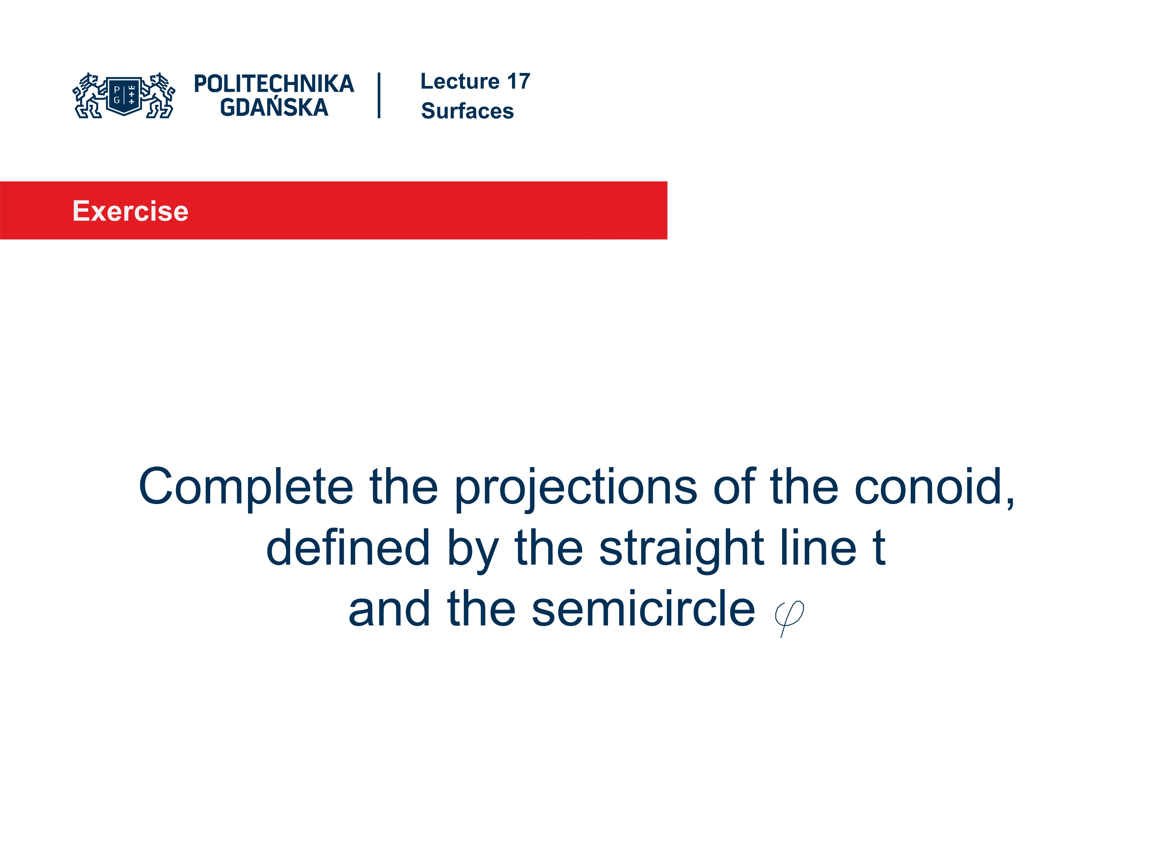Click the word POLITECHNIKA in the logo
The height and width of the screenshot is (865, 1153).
pyautogui.click(x=274, y=84)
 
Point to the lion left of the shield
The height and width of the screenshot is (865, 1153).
pyautogui.click(x=90, y=96)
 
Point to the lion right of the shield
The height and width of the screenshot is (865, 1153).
pyautogui.click(x=158, y=96)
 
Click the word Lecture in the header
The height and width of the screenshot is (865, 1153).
pyautogui.click(x=460, y=81)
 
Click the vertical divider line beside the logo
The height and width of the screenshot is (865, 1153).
pyautogui.click(x=379, y=96)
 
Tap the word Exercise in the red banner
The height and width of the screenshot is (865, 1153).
pyautogui.click(x=130, y=211)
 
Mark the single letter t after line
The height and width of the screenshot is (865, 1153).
pyautogui.click(x=879, y=548)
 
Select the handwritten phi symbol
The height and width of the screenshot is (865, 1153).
pyautogui.click(x=789, y=618)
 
